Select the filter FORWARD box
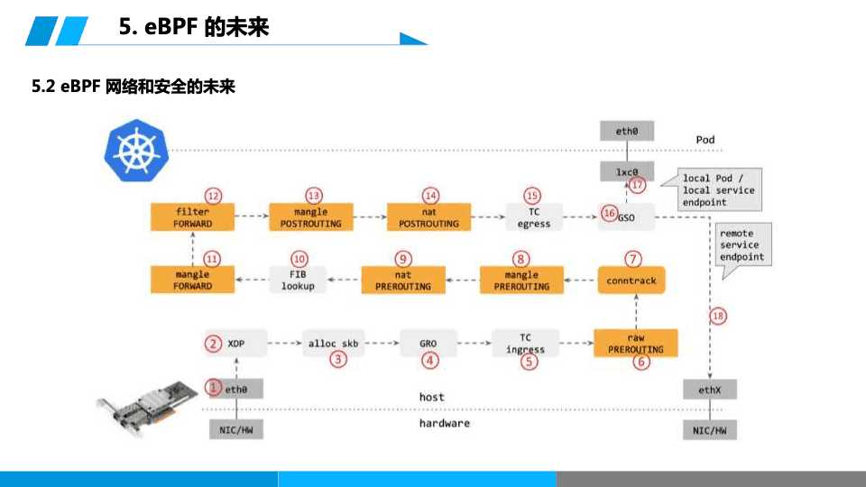pos(193,217)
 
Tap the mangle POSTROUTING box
pos(311,217)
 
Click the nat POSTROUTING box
pos(428,217)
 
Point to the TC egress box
pos(534,217)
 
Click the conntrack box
pos(631,280)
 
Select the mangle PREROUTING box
pos(521,280)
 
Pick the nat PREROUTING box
pos(403,280)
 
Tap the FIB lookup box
pos(297,280)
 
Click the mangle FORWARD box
pos(193,280)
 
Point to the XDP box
pos(236,344)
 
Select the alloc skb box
pos(333,344)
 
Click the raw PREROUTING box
pos(635,344)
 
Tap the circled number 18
pos(717,317)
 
